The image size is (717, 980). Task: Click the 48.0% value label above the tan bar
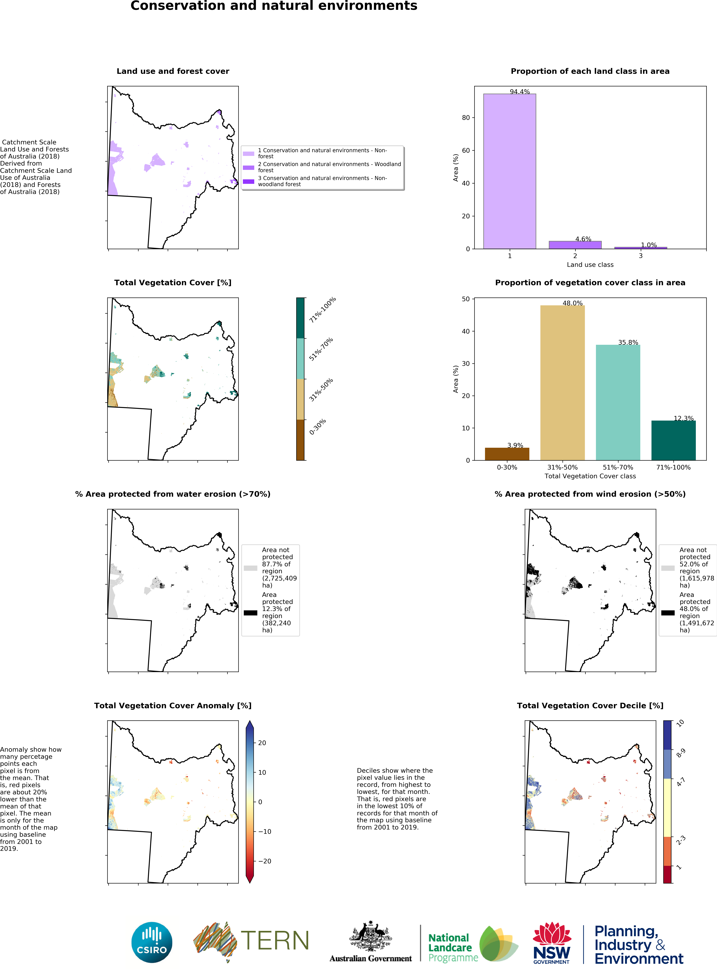572,303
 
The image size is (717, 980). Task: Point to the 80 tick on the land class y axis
466,118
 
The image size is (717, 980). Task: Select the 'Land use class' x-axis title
590,265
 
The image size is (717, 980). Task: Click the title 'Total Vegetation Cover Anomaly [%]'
173,706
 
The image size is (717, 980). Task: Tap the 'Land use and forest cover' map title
173,71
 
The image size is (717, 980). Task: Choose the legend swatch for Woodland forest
248,168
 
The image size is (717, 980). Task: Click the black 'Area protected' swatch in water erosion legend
250,613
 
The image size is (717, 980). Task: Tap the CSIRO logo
152,942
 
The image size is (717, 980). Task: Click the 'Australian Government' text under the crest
370,958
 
